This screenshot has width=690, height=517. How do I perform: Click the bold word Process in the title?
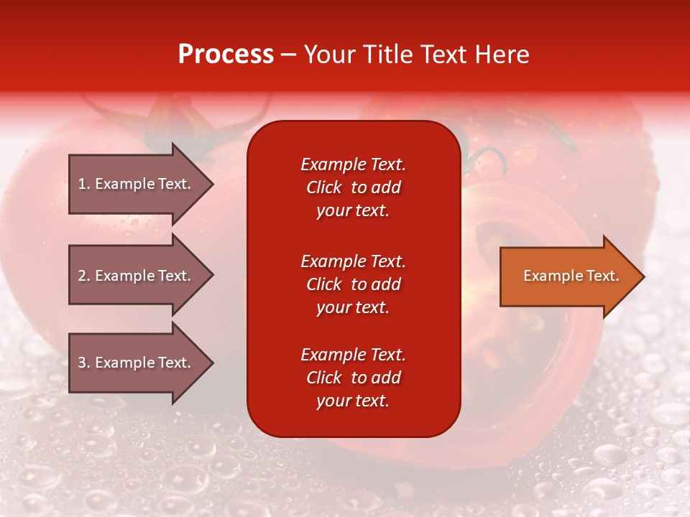click(226, 55)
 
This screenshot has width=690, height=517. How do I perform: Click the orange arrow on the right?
click(568, 276)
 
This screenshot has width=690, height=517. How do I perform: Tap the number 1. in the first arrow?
click(84, 184)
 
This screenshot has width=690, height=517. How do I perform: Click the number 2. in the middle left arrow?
click(84, 276)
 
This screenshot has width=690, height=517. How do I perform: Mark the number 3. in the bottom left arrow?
click(84, 363)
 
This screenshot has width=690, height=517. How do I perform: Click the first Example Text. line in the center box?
click(353, 164)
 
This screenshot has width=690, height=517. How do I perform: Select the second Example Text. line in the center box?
click(353, 261)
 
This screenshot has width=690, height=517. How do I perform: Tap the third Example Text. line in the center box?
click(353, 355)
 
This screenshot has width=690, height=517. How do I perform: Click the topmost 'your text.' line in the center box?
click(353, 211)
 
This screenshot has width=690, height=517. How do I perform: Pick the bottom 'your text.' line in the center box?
click(353, 401)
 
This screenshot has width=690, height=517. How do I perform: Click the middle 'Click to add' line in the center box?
click(353, 284)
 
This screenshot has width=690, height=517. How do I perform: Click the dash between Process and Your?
click(289, 55)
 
